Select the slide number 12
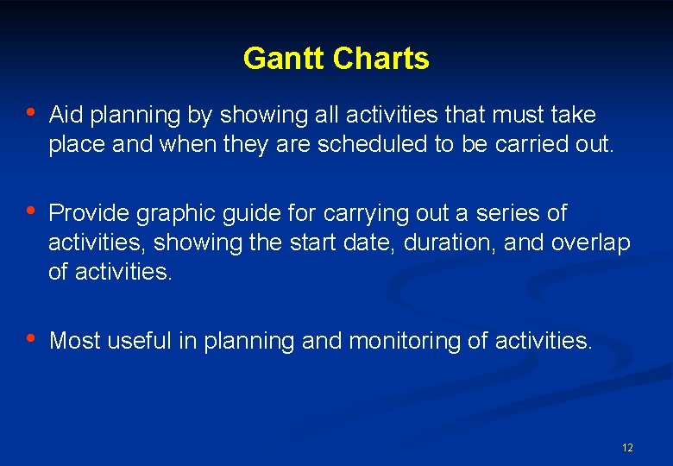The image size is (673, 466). (x=627, y=448)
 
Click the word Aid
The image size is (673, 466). (x=66, y=115)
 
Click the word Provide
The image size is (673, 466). (x=89, y=212)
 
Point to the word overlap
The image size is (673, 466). (x=593, y=243)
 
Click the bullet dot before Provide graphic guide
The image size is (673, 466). (x=31, y=211)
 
